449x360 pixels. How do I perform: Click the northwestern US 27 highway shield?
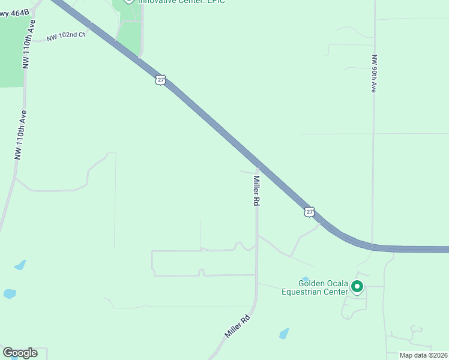pyautogui.click(x=160, y=80)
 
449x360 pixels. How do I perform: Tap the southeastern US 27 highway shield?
pyautogui.click(x=309, y=212)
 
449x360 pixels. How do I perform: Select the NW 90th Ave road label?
pyautogui.click(x=373, y=73)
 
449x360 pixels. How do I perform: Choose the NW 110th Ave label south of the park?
pyautogui.click(x=21, y=134)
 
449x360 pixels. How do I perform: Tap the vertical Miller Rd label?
pyautogui.click(x=256, y=191)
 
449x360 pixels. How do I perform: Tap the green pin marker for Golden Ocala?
pyautogui.click(x=357, y=287)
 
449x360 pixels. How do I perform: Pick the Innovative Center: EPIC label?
pyautogui.click(x=173, y=2)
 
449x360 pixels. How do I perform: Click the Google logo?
pyautogui.click(x=20, y=353)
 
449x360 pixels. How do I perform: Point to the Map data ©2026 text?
pyautogui.click(x=423, y=355)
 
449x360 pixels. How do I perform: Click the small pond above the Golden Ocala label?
pyautogui.click(x=306, y=278)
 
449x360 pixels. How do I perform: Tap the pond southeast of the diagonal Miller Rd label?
pyautogui.click(x=284, y=333)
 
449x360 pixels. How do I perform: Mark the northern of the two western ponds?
pyautogui.click(x=20, y=265)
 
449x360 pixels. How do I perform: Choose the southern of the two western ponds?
pyautogui.click(x=10, y=294)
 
